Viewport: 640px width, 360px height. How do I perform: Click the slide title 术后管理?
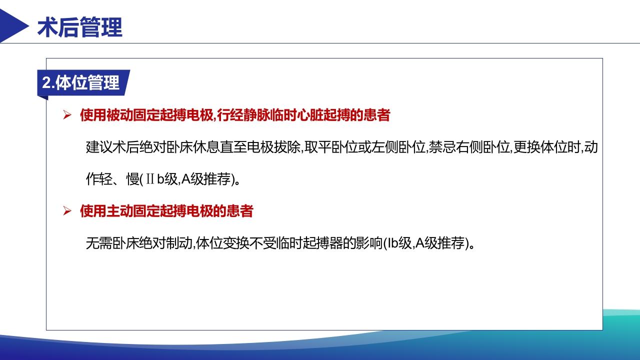[80, 27]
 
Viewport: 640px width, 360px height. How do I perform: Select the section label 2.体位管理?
[81, 83]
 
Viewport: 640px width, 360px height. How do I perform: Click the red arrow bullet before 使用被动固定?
[67, 116]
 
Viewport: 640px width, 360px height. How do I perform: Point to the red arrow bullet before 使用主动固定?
[67, 211]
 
